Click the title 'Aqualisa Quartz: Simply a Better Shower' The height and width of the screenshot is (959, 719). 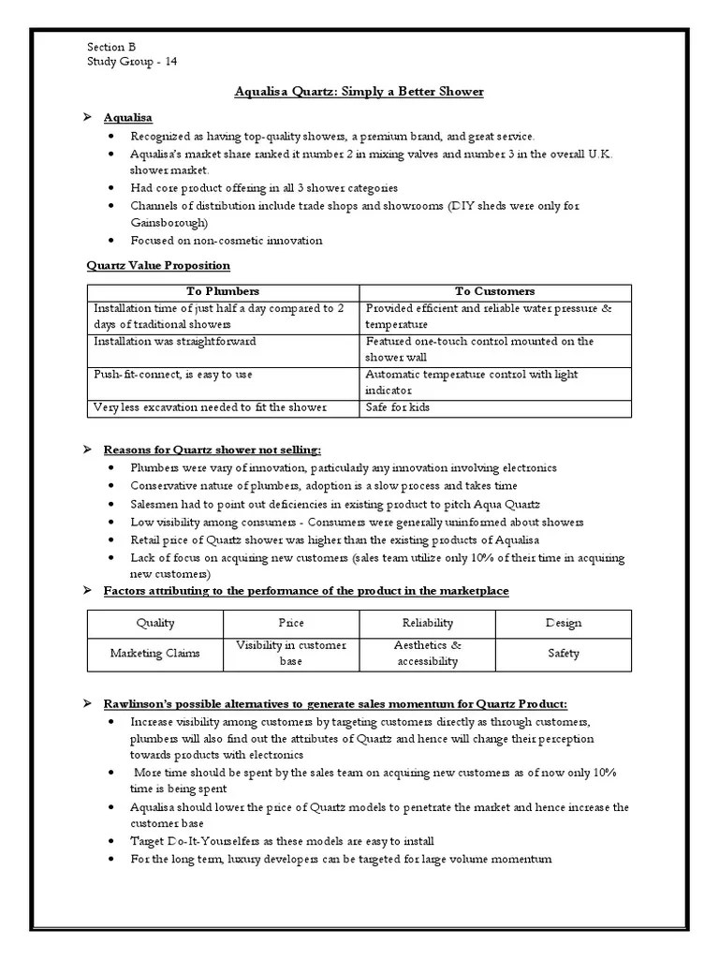tap(359, 91)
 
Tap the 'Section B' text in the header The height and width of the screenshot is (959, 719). tap(111, 47)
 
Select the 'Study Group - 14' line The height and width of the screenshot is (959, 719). tap(131, 62)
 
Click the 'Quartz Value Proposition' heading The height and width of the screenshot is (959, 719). tap(157, 266)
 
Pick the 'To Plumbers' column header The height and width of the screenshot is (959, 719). tap(223, 291)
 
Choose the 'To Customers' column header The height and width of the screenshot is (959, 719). tap(495, 291)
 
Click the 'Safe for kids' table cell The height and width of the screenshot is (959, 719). tap(398, 407)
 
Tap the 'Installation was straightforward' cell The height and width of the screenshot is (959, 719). tap(175, 342)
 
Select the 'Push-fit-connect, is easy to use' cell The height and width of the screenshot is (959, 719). tap(172, 375)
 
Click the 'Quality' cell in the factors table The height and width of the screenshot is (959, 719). tap(155, 623)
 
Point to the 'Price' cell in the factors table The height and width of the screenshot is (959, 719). tap(291, 623)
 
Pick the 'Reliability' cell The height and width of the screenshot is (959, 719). tap(427, 623)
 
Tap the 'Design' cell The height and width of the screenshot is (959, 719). tap(563, 623)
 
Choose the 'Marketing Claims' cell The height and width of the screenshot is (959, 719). tap(155, 654)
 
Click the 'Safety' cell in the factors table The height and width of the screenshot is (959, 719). tap(563, 654)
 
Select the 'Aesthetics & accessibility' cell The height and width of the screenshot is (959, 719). tap(427, 654)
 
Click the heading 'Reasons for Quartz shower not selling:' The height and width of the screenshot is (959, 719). tap(218, 450)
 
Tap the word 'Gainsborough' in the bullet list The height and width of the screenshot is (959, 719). tap(169, 223)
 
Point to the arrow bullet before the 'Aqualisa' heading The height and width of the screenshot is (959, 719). tap(87, 117)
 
